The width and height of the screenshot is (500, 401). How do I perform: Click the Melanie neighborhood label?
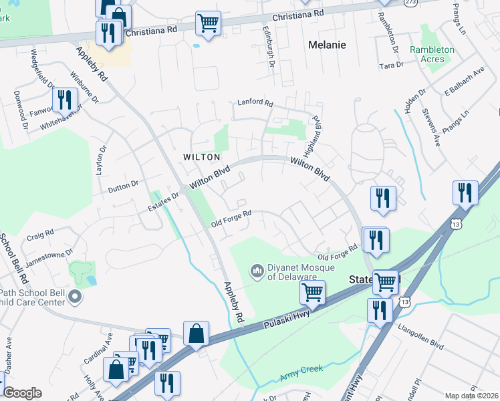click(x=328, y=45)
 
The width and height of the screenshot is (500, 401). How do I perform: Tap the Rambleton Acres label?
click(x=432, y=54)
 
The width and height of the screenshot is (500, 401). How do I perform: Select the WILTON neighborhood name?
click(x=201, y=157)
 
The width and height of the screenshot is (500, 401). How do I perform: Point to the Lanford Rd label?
click(x=255, y=104)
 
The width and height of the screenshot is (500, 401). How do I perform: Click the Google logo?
click(x=22, y=393)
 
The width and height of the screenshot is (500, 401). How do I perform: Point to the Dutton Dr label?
click(x=124, y=186)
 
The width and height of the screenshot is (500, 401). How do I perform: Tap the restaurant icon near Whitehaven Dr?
click(x=64, y=100)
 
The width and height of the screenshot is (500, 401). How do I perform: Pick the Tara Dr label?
click(x=391, y=65)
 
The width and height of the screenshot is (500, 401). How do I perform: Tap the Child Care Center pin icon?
click(x=75, y=295)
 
